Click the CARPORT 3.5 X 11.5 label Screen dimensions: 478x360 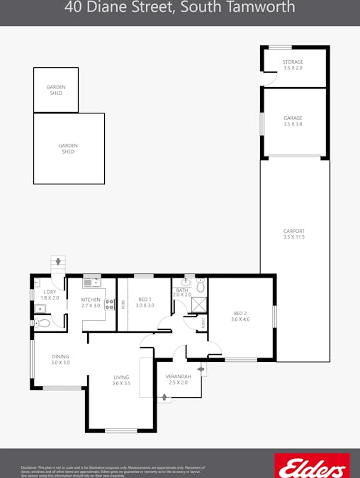(293, 234)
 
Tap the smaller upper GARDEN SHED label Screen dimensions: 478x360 (56, 90)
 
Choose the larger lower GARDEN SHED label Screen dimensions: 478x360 (68, 149)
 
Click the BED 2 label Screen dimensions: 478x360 (240, 316)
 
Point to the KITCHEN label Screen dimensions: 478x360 (91, 302)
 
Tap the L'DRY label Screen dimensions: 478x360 (50, 295)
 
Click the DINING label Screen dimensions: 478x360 (60, 359)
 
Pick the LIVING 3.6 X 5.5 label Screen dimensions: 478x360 (121, 380)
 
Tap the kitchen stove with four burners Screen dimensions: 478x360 (110, 305)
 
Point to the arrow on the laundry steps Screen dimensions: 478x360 (58, 261)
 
